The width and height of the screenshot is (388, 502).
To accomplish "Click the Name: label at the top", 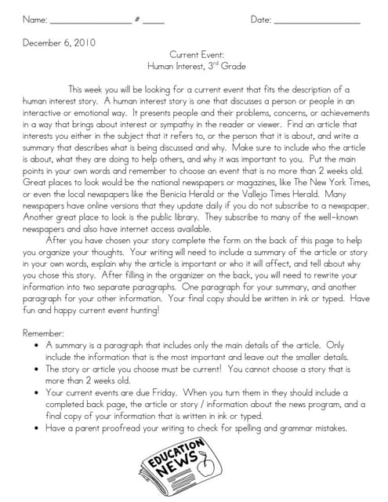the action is point(34,19).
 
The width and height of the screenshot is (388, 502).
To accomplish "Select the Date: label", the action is point(261,19).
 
